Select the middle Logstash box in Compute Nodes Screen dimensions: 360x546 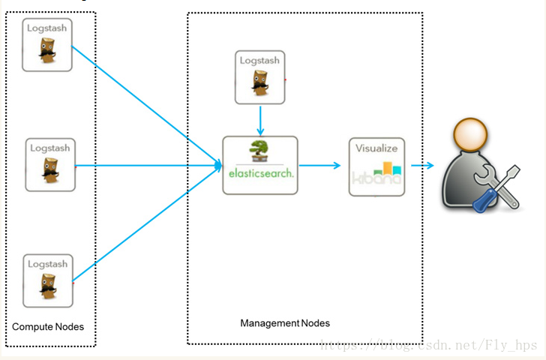pyautogui.click(x=50, y=164)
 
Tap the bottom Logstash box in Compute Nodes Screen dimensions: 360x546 pyautogui.click(x=48, y=281)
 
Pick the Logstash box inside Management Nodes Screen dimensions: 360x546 pyautogui.click(x=260, y=77)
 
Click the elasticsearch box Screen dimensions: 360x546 pyautogui.click(x=260, y=165)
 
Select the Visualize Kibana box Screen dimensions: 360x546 pyautogui.click(x=376, y=166)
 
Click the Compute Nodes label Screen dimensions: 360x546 pyautogui.click(x=48, y=327)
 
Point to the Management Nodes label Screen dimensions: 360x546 pyautogui.click(x=285, y=323)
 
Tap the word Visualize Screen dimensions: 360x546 pyautogui.click(x=376, y=148)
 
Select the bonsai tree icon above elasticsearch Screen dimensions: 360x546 pyautogui.click(x=259, y=150)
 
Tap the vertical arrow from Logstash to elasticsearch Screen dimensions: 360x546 pyautogui.click(x=260, y=119)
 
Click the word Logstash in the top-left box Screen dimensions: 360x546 pyautogui.click(x=47, y=28)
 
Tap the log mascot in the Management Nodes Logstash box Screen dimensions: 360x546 pyautogui.click(x=260, y=85)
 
